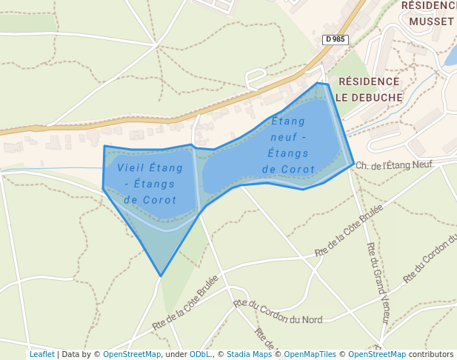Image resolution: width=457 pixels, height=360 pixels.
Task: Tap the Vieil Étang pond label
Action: coord(150,183)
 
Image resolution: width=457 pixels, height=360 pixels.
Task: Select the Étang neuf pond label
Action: coord(288,144)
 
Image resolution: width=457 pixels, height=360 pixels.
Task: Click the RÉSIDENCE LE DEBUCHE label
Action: coord(367,89)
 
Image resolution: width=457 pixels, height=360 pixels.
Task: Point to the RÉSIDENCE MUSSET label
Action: coord(428,13)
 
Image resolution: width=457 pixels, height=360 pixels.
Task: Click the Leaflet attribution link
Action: coord(41,354)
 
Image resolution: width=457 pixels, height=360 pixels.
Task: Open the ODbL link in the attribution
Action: coord(199,354)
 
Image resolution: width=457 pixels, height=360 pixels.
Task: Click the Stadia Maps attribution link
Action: coord(249,354)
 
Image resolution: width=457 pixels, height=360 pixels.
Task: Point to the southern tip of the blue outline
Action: coord(161,276)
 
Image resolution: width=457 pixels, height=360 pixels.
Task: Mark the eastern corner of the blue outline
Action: coord(353,163)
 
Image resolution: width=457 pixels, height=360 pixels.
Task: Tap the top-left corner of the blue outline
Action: coord(104,146)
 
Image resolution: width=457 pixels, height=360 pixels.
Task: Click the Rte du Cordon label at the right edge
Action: coord(430,259)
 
